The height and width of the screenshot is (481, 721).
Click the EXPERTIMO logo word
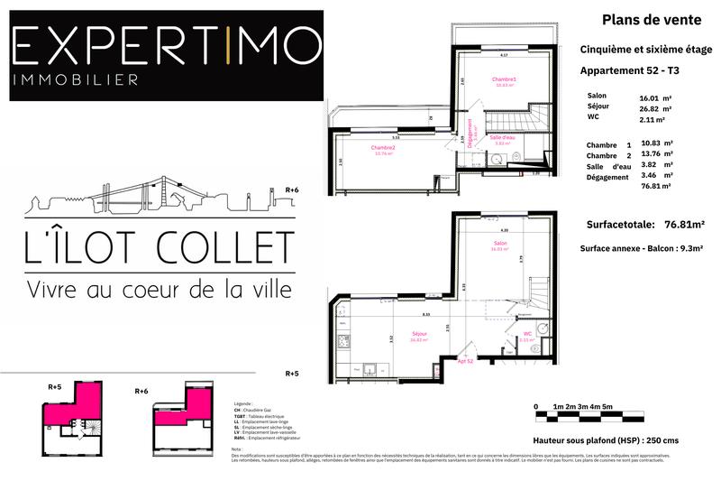coord(166,43)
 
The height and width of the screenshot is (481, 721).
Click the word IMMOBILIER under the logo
coord(76,79)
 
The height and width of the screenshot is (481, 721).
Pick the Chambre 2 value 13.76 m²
coord(655,154)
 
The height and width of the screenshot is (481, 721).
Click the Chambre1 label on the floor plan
coord(504,80)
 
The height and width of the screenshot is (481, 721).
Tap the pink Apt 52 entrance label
coord(465,360)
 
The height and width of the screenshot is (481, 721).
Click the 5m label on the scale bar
coord(608,406)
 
